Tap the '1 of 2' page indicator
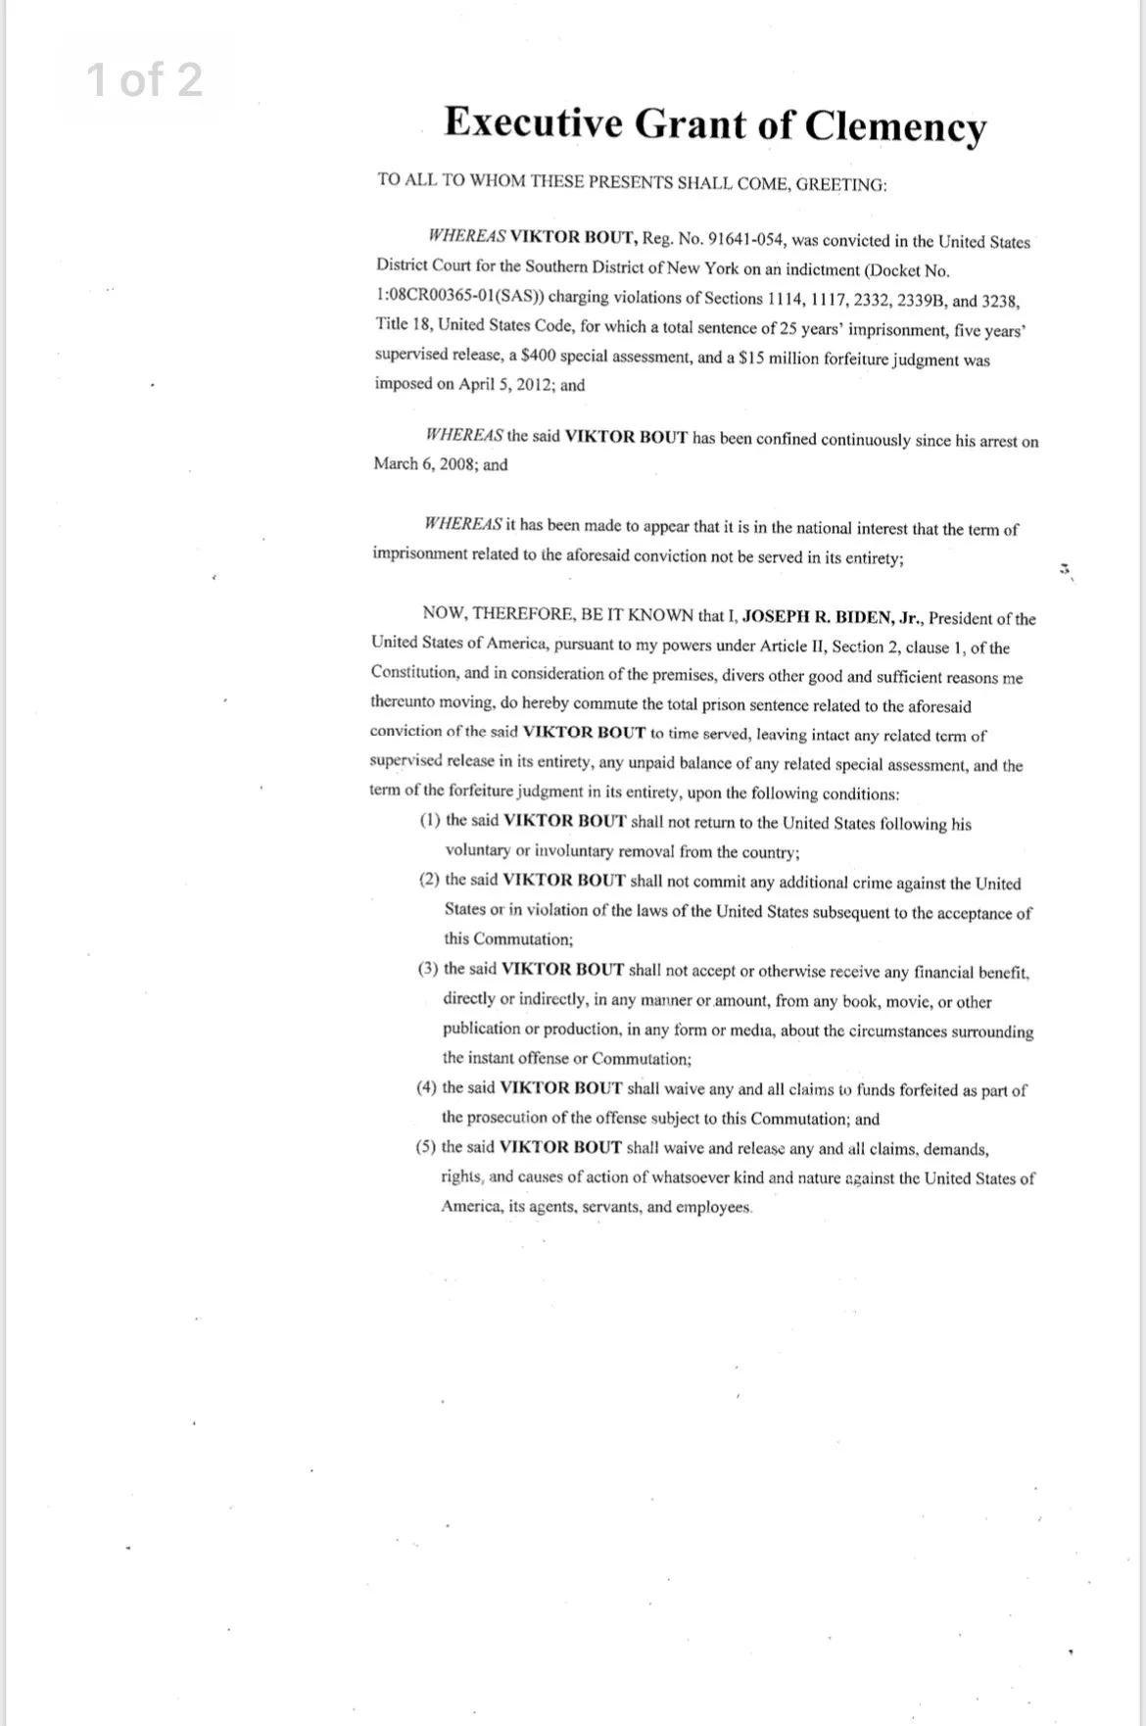pos(145,79)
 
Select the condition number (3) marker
pos(428,969)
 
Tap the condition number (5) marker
pos(426,1147)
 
